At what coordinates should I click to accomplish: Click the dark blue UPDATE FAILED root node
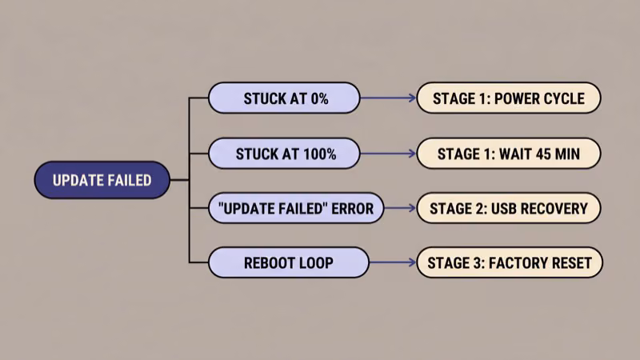[x=102, y=180]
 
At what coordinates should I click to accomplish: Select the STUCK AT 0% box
[x=284, y=98]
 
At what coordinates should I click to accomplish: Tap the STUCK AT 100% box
[x=284, y=153]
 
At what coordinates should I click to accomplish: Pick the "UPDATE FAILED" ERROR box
[x=295, y=208]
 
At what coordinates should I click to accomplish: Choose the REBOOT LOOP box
[x=288, y=262]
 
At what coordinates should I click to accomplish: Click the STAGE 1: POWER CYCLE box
[x=508, y=98]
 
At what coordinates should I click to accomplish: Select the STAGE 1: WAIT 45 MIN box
[x=508, y=153]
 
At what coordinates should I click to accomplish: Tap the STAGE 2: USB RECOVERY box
[x=508, y=208]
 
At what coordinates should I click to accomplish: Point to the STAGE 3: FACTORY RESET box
[x=510, y=262]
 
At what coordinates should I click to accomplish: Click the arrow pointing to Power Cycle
[x=388, y=98]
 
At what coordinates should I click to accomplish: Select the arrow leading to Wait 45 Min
[x=388, y=153]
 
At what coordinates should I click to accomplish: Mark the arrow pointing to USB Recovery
[x=400, y=208]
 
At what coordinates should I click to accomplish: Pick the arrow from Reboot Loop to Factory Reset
[x=392, y=262]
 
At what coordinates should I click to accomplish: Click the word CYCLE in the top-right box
[x=562, y=99]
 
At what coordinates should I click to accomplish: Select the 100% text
[x=318, y=154]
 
